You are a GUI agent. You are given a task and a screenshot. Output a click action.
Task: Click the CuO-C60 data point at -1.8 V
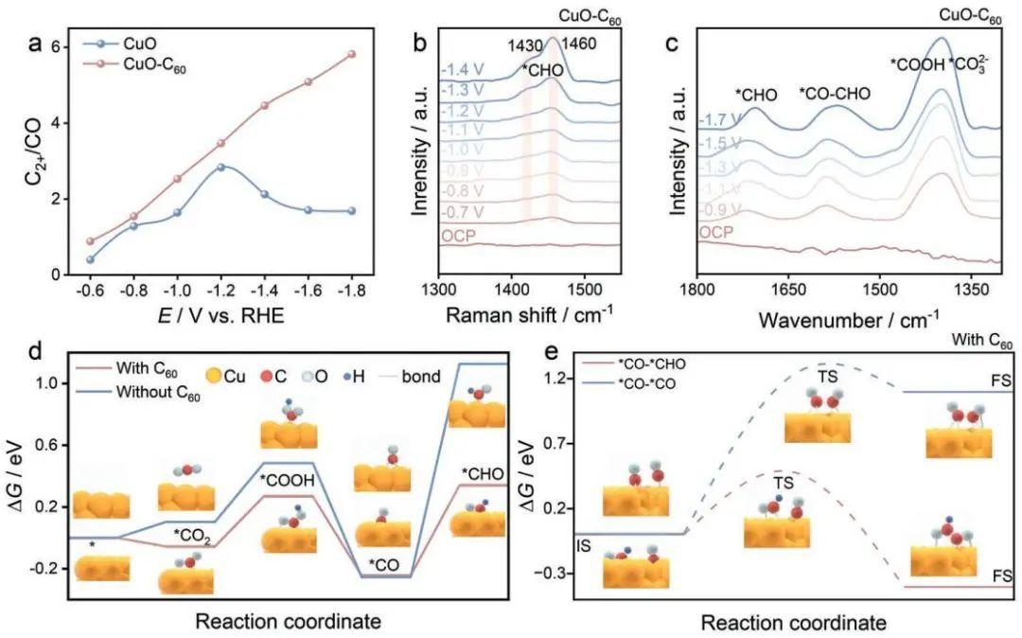click(x=352, y=54)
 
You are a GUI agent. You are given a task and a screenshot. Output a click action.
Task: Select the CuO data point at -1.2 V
click(x=220, y=167)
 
